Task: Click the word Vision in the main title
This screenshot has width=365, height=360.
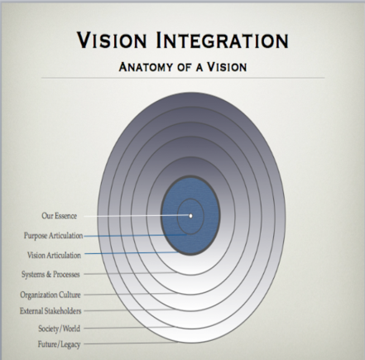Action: (x=112, y=40)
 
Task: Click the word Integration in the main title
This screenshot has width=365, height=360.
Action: (x=223, y=40)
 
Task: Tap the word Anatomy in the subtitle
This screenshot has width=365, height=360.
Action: (x=146, y=67)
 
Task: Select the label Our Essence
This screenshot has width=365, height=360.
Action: (x=60, y=216)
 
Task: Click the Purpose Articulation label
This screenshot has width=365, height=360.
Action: (x=53, y=236)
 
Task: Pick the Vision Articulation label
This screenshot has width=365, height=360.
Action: (x=54, y=255)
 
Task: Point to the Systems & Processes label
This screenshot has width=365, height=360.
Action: (x=50, y=274)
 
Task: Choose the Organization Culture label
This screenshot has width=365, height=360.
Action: (x=50, y=295)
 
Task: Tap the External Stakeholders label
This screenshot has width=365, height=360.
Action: (x=50, y=311)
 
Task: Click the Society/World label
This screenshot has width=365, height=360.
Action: (x=60, y=329)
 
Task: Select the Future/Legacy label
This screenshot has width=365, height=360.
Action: (x=60, y=344)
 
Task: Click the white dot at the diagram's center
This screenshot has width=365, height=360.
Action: (x=190, y=216)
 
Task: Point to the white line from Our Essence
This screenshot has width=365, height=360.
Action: (x=137, y=216)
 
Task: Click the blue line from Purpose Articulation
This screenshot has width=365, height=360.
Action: (x=135, y=236)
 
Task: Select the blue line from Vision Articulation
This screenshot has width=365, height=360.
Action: (x=132, y=252)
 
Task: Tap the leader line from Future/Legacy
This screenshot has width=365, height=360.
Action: (x=130, y=343)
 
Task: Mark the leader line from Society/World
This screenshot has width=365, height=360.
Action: (x=127, y=328)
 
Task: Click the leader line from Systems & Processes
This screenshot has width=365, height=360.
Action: (x=130, y=273)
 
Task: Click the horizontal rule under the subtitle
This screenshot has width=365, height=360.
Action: (x=183, y=78)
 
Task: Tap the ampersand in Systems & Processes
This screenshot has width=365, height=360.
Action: (x=49, y=274)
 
